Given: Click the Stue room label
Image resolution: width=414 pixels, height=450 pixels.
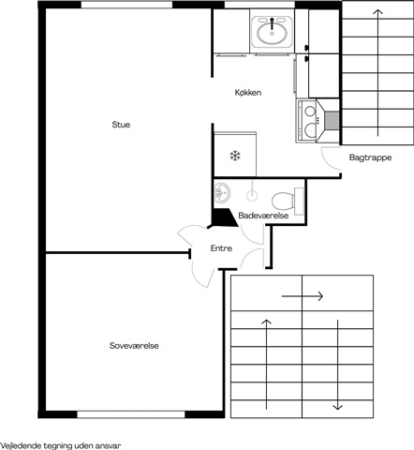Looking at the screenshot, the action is (121, 125).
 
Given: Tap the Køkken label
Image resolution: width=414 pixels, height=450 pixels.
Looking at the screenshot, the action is (248, 93).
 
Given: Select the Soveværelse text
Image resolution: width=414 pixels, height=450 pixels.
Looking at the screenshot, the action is (134, 346).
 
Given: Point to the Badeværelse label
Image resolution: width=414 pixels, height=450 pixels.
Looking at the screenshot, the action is (263, 216).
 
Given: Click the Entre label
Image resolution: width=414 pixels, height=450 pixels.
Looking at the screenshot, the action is (221, 248).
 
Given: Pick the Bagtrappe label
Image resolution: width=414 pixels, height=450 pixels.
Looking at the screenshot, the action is (370, 157).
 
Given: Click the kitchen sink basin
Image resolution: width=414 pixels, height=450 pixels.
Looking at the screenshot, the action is (272, 33).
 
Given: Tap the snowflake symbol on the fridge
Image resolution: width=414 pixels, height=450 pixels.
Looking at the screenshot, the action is (235, 156).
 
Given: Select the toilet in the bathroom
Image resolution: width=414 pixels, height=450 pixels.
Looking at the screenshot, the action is (288, 201).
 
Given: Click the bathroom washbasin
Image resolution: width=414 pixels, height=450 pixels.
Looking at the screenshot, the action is (222, 192).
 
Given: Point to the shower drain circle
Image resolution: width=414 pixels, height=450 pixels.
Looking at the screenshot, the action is (252, 196).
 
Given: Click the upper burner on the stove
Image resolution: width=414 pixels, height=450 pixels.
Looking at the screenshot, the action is (310, 111).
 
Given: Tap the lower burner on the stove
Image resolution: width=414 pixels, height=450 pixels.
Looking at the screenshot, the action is (310, 130).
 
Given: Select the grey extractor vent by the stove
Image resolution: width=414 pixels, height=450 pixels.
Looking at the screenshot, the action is (332, 120).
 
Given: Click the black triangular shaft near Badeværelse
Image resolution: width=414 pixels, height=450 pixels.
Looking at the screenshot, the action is (224, 217).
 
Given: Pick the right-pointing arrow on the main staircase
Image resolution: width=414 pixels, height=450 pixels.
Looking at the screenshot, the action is (303, 295).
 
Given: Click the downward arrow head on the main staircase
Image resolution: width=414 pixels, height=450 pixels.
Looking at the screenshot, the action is (337, 407).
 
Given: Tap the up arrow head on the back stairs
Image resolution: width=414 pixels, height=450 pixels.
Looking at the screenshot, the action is (377, 12).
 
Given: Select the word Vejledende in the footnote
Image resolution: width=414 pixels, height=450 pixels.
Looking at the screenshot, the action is (21, 445).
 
